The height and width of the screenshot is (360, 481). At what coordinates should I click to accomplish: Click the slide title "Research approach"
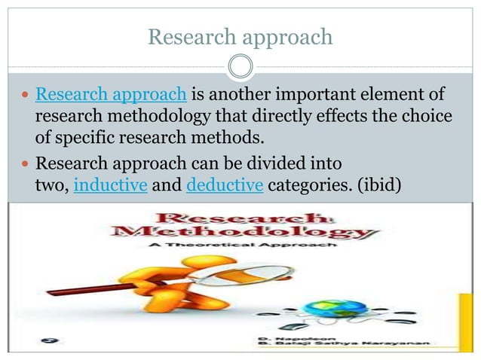coord(240,37)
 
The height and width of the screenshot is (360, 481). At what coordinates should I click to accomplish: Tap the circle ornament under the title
coord(240,68)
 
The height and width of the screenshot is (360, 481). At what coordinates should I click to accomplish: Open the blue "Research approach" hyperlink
coord(111,96)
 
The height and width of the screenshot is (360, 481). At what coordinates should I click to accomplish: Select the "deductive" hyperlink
coord(224,185)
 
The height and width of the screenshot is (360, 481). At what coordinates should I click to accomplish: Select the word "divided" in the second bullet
coord(255,163)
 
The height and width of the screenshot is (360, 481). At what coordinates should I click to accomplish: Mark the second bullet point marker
coord(25,163)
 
